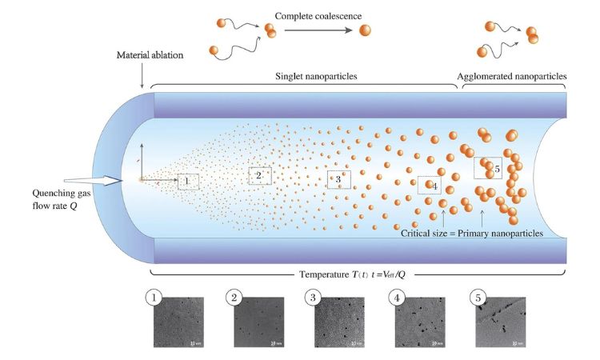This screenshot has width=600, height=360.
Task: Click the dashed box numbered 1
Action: (187, 182)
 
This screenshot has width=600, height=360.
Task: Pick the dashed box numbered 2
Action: (259, 175)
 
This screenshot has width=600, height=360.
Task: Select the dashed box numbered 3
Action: (338, 180)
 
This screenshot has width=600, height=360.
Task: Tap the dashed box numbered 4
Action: (430, 186)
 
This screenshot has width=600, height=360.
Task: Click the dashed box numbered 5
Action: (487, 168)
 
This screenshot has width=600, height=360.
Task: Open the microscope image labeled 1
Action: (177, 322)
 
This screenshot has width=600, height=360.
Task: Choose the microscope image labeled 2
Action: (259, 322)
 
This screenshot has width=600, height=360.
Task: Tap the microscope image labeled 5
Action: (501, 322)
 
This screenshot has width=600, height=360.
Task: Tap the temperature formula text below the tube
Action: (358, 274)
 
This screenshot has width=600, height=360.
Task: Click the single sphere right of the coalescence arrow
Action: (366, 30)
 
